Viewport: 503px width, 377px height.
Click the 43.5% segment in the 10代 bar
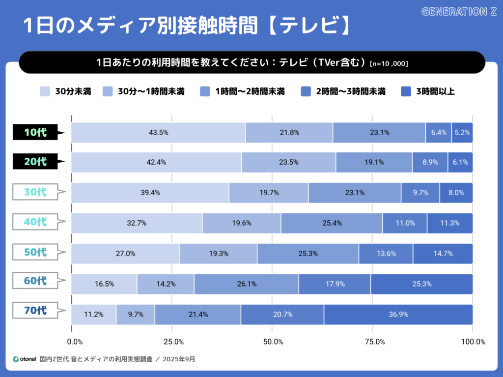[158, 133]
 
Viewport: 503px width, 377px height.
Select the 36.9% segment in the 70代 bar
[398, 315]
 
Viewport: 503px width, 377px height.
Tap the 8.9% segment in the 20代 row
[429, 163]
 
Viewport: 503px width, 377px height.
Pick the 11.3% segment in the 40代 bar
[449, 223]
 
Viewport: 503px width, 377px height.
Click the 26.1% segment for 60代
[246, 284]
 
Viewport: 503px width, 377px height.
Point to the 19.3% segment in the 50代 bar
[218, 254]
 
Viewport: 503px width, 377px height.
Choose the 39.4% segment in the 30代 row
[150, 193]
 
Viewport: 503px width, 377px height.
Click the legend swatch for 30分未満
[45, 91]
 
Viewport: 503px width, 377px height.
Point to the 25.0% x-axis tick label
[173, 342]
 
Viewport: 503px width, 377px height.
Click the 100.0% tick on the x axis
[473, 342]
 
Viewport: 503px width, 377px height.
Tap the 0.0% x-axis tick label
[75, 342]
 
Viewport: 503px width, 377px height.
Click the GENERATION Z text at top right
[459, 11]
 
